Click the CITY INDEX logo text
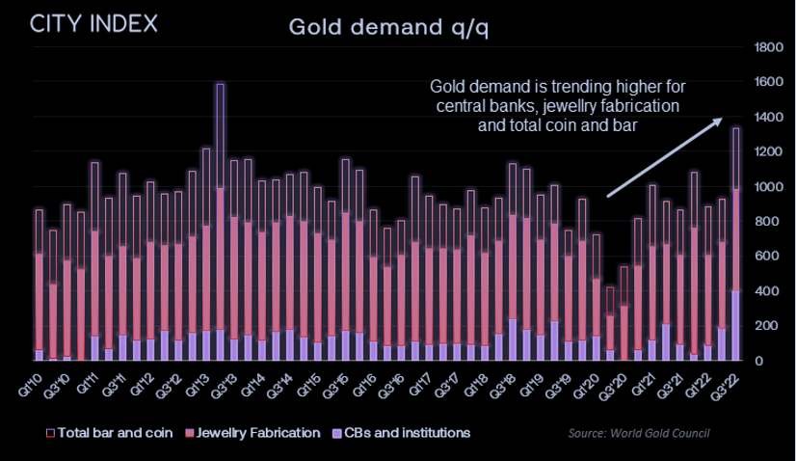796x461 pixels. tap(93, 24)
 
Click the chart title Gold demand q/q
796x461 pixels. tap(388, 27)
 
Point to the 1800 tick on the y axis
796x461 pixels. tap(769, 47)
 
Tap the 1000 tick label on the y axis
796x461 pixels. tap(769, 186)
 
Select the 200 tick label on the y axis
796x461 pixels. tap(772, 326)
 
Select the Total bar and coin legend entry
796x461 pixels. tap(110, 433)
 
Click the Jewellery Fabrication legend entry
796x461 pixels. tap(252, 433)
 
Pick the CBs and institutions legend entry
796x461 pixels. tap(402, 433)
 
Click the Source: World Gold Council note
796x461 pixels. tap(639, 433)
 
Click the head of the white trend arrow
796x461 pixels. tap(721, 120)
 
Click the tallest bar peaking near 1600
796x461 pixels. tap(220, 222)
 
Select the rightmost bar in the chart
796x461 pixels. tap(735, 244)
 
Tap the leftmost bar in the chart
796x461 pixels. tap(40, 285)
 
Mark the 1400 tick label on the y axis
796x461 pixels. tap(769, 117)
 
